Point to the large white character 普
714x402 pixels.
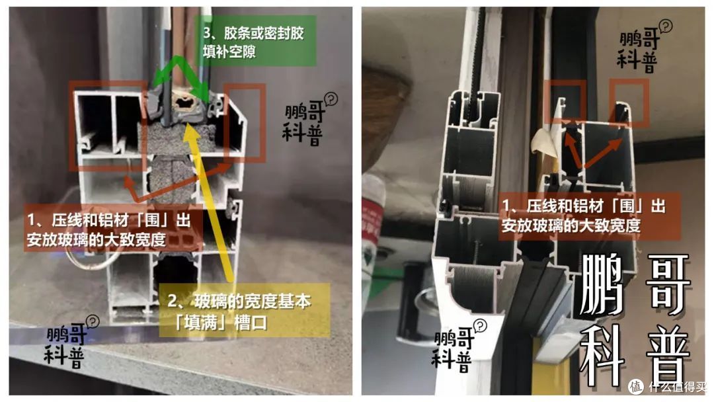coord(668,357)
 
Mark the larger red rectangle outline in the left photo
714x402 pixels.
coord(110,125)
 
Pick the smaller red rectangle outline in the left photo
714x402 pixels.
coord(245,123)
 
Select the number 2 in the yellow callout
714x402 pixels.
coord(174,301)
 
